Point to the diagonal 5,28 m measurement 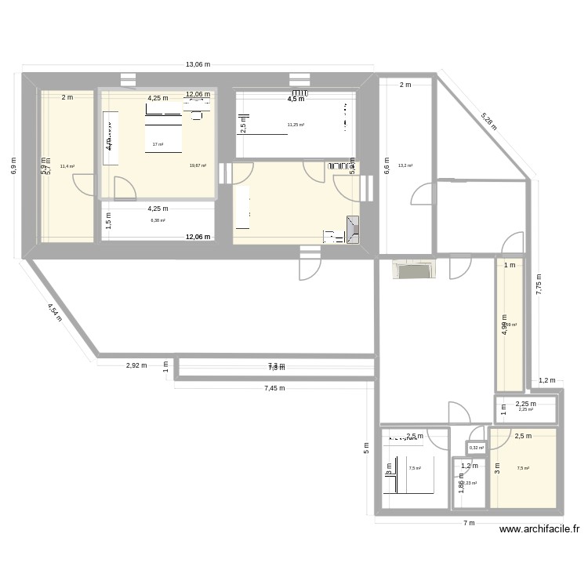[x=489, y=120]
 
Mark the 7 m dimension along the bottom [x=470, y=524]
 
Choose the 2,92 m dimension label [x=136, y=365]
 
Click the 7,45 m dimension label [x=274, y=387]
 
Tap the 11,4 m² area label [x=67, y=166]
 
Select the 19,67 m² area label [x=198, y=165]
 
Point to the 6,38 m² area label [x=158, y=221]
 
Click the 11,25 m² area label [x=296, y=125]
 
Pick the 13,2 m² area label [x=405, y=165]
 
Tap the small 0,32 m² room [x=476, y=448]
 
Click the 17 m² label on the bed [x=158, y=144]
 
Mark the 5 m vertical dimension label [x=366, y=448]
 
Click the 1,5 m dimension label [x=108, y=221]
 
